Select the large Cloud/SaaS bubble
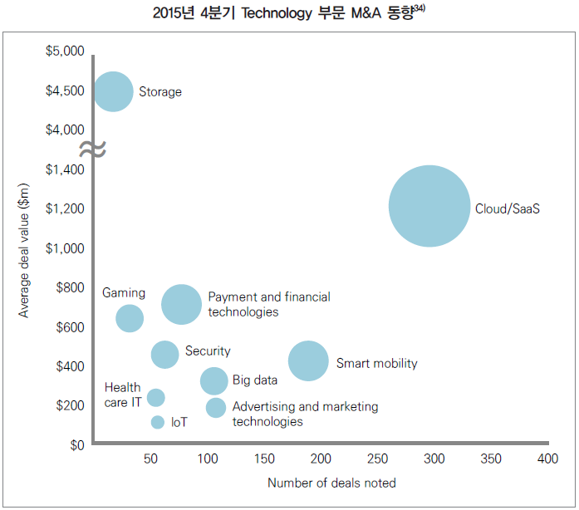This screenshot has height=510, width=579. (x=429, y=206)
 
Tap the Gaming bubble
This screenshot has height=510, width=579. (x=129, y=317)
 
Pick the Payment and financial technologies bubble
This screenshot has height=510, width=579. (x=181, y=304)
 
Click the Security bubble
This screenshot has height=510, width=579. (x=164, y=355)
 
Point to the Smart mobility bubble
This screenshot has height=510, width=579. (x=308, y=361)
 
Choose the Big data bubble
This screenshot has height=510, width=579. (x=214, y=380)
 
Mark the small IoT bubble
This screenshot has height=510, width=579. (x=158, y=422)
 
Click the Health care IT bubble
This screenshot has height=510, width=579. (x=155, y=398)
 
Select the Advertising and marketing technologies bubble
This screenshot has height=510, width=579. (x=216, y=407)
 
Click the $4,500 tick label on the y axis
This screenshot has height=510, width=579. (x=66, y=91)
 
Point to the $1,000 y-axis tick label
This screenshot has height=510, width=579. (x=66, y=248)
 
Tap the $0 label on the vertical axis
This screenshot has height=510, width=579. (x=76, y=445)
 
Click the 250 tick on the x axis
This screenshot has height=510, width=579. (x=377, y=459)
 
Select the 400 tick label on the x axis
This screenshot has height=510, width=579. (x=547, y=459)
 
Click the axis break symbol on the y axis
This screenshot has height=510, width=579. (x=92, y=150)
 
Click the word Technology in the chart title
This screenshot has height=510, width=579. (x=275, y=14)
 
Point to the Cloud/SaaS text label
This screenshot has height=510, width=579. (x=508, y=208)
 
